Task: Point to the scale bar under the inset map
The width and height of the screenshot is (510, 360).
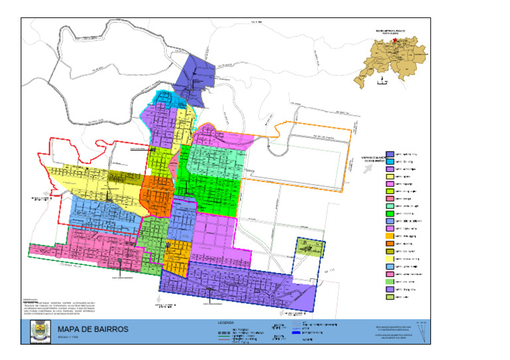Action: [x=381, y=83]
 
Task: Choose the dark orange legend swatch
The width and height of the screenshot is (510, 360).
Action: [x=390, y=243]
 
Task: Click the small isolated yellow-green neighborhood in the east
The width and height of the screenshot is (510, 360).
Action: [x=309, y=248]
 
